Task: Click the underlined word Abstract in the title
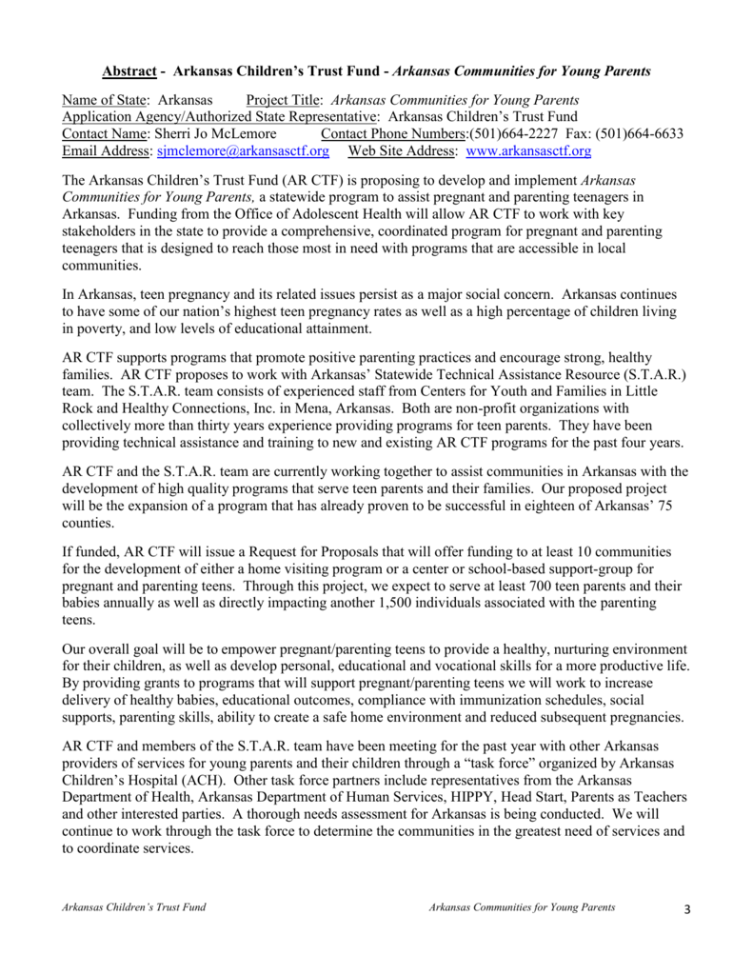point(129,71)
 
